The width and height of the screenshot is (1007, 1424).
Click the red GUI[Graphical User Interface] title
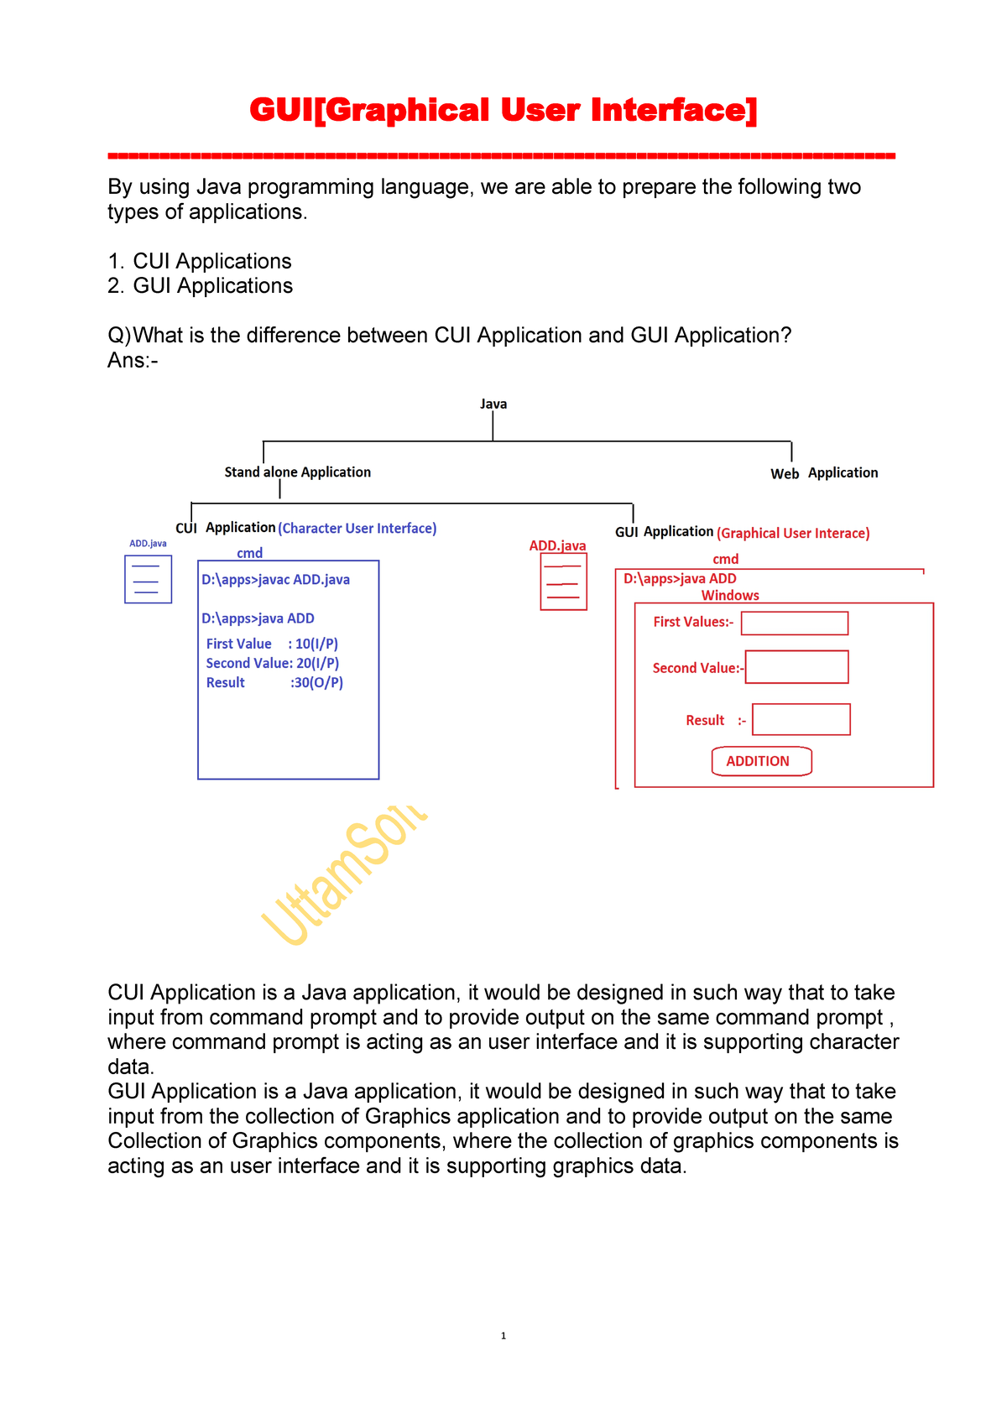click(x=503, y=110)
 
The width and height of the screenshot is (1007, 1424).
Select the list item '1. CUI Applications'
click(x=200, y=261)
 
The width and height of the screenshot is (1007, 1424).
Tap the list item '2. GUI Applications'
click(x=200, y=286)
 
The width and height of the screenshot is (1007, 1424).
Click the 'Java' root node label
click(x=493, y=404)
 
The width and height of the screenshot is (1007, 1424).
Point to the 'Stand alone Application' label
click(x=297, y=472)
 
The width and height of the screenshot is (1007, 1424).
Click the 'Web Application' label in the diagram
click(x=824, y=473)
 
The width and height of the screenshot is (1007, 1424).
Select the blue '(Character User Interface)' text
click(x=357, y=529)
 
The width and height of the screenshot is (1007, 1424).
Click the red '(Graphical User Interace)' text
click(x=793, y=534)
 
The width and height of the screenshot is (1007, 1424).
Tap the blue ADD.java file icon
click(x=148, y=579)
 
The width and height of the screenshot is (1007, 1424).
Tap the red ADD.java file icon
click(x=563, y=582)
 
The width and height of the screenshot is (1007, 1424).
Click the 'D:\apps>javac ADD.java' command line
click(x=275, y=580)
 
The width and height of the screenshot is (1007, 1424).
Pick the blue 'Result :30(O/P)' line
click(x=274, y=683)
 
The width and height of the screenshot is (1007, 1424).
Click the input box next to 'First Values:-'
click(x=795, y=623)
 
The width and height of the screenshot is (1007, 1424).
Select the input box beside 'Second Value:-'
click(x=796, y=667)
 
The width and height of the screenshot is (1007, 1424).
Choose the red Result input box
click(x=801, y=720)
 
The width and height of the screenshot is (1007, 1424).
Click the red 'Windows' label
click(x=730, y=596)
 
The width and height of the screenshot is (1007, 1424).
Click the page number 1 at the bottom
click(x=503, y=1336)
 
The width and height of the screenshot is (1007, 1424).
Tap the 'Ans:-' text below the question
click(x=133, y=361)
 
